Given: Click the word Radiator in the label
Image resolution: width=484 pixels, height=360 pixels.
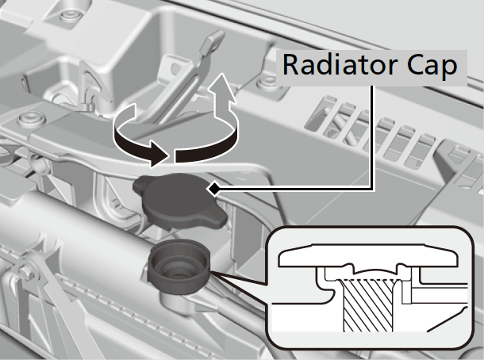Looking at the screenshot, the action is (340, 65).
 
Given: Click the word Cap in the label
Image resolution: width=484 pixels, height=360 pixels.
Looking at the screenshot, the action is (432, 67).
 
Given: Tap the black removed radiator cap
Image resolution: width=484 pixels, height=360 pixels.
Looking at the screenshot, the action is (180, 201).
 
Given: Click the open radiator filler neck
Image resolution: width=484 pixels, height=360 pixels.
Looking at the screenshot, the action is (179, 266).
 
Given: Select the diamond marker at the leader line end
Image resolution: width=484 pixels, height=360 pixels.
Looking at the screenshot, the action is (213, 189).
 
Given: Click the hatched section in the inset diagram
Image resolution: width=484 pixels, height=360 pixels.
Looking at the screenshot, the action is (368, 304).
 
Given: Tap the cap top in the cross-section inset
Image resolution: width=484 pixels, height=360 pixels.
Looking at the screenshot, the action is (368, 255).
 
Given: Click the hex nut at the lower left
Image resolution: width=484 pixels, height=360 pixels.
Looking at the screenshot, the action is (25, 271).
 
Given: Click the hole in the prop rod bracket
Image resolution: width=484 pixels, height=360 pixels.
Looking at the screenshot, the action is (175, 67).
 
